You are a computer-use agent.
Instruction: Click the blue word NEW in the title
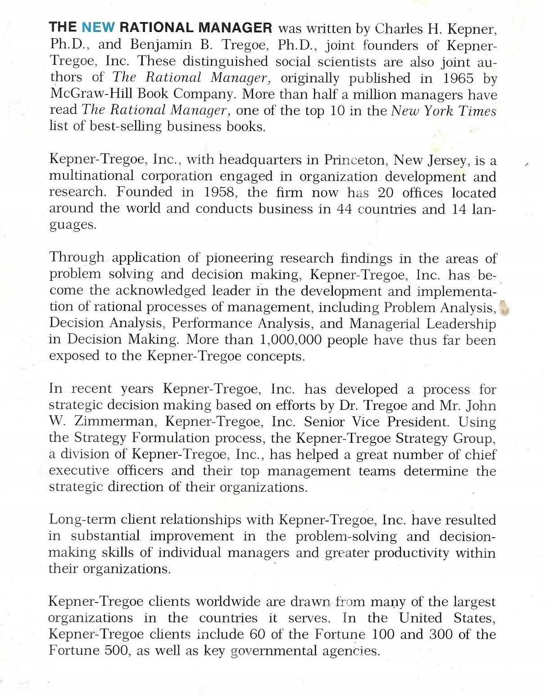[x=98, y=27]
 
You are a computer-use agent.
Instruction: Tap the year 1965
[x=458, y=78]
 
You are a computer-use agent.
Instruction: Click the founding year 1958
[x=220, y=192]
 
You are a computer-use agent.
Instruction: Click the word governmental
[x=274, y=651]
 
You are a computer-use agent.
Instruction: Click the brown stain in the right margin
[x=505, y=308]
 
